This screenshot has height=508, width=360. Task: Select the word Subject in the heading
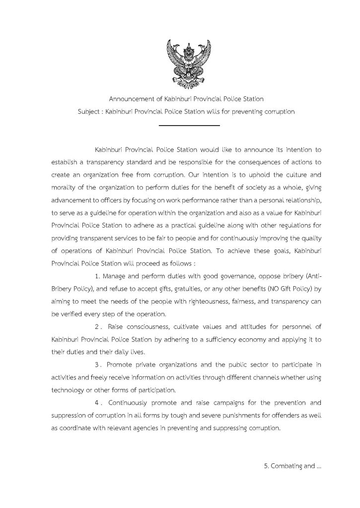point(88,112)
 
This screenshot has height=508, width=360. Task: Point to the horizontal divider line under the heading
point(189,126)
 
